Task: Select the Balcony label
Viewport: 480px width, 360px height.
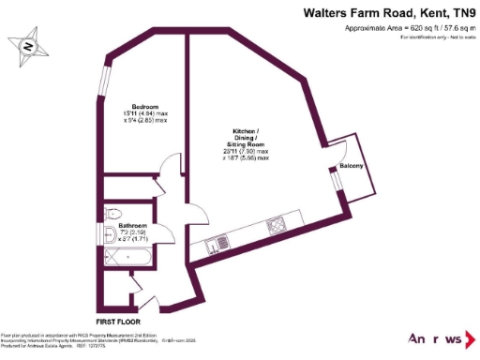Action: click(x=352, y=166)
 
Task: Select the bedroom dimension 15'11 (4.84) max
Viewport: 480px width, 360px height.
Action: click(x=144, y=113)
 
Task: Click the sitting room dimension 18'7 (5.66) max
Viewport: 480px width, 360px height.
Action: click(x=247, y=158)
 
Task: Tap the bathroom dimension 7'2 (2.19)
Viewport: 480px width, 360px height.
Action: click(x=132, y=233)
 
